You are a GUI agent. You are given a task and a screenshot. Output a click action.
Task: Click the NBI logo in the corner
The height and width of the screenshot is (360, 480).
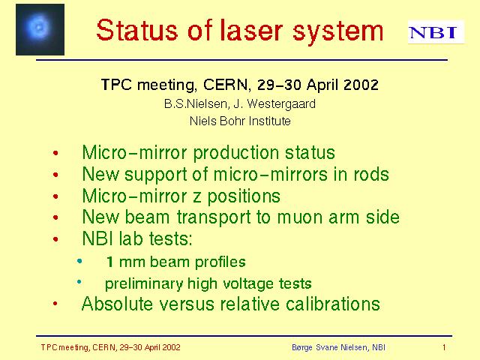coord(436,32)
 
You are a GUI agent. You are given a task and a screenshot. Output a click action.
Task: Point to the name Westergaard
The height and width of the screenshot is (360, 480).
coord(281,104)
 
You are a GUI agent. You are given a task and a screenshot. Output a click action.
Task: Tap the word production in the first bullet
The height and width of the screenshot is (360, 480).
coord(236,153)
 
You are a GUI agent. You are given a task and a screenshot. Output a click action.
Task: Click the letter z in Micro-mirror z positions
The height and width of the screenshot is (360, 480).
coord(196,197)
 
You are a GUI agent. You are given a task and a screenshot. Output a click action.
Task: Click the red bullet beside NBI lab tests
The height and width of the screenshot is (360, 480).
coord(55,239)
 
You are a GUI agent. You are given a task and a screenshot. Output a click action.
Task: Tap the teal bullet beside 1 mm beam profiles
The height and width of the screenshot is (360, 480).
coord(79,261)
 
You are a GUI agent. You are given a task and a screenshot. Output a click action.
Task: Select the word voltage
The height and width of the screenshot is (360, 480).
coord(248,283)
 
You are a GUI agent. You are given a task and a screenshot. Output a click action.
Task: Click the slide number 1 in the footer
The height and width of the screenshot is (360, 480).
coord(444,347)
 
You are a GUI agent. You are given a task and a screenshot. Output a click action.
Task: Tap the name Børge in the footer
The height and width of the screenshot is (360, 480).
coord(301,348)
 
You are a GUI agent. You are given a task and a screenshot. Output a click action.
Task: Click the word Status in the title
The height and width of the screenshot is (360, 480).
coord(136,30)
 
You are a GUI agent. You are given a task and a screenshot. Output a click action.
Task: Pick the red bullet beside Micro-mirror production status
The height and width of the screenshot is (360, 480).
coord(55,153)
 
